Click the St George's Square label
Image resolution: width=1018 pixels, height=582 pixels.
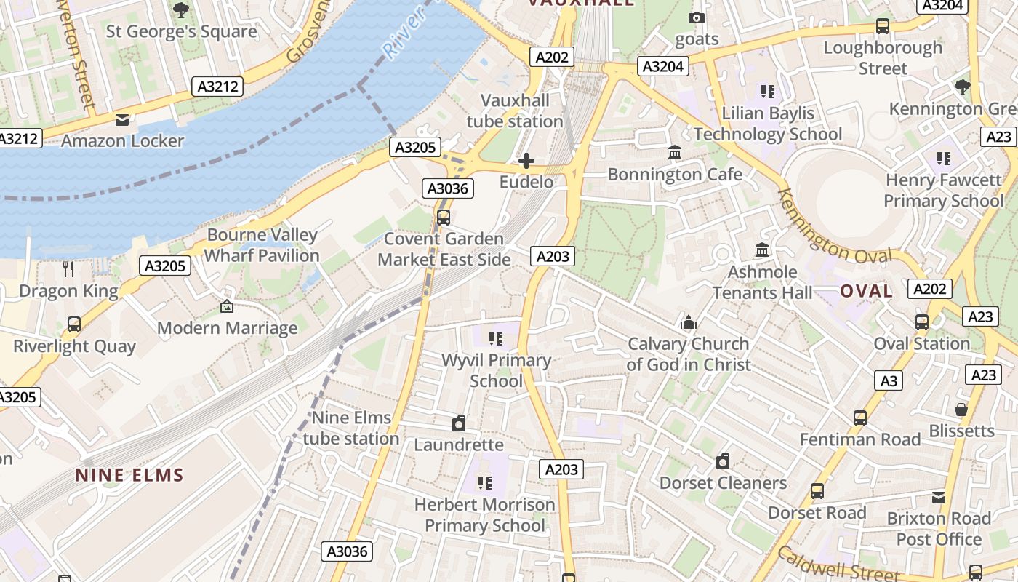[x=181, y=32]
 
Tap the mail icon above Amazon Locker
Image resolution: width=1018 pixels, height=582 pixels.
[x=122, y=120]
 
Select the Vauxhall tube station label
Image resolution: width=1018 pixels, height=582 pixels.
[x=515, y=111]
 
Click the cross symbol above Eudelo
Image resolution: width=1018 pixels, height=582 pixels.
[x=526, y=161]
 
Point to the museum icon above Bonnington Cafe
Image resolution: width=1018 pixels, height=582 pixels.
[x=675, y=154]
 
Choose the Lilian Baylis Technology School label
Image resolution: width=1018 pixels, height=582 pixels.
[x=768, y=124]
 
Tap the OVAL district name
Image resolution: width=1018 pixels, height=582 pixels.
[x=866, y=291]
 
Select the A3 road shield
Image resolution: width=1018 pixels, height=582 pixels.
[x=889, y=380]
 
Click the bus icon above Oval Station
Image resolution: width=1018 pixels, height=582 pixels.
[x=922, y=322]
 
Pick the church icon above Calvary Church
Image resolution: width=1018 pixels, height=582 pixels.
[x=688, y=322]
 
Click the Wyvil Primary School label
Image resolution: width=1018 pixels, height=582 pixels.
[x=497, y=370]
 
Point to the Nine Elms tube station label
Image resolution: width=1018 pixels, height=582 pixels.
[x=351, y=428]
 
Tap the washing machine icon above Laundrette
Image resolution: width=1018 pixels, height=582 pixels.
[x=458, y=423]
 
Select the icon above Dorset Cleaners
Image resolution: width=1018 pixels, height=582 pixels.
[x=722, y=461]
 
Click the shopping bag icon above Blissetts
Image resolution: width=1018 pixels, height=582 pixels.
[x=961, y=410]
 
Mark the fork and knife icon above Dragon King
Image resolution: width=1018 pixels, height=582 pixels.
[x=68, y=269]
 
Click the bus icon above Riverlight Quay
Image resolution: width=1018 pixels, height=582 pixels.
[x=74, y=324]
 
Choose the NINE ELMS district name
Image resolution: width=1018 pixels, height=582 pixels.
[x=129, y=476]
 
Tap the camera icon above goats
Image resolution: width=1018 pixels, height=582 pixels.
[x=697, y=17]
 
